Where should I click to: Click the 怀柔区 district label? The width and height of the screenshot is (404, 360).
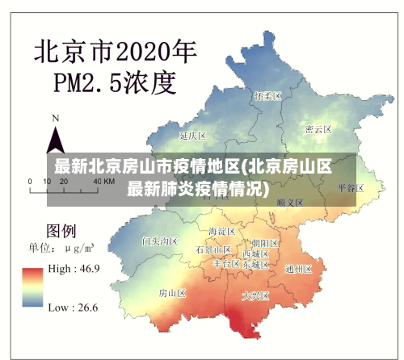point(267,96)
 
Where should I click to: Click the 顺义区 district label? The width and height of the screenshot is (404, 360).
point(289,203)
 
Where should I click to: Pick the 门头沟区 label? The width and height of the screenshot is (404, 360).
point(159,241)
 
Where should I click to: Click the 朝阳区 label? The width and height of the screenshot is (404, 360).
point(265,242)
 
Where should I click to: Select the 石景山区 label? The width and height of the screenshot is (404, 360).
point(213,250)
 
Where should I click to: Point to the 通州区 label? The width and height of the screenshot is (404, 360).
point(299,269)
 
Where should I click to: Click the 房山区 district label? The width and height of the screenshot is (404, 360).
point(171,292)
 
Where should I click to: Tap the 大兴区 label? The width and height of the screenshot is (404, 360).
point(256,296)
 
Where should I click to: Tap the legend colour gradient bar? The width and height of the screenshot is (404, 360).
point(33,287)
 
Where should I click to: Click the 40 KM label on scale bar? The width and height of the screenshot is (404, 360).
point(103,182)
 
